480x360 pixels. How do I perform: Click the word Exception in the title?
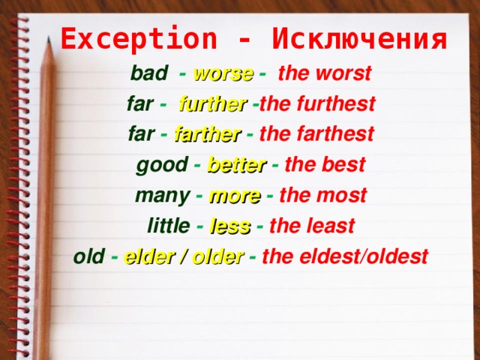tap(139, 38)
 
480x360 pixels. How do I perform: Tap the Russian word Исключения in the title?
tap(359, 39)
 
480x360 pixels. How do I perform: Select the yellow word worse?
tap(223, 74)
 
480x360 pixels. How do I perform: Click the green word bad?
tap(149, 73)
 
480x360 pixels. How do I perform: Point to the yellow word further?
tap(213, 104)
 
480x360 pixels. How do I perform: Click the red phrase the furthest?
tap(317, 103)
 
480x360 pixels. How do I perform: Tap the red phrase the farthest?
tap(316, 133)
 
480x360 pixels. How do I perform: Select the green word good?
tap(162, 165)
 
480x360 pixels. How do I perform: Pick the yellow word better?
tap(237, 165)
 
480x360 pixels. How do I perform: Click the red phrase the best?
tap(325, 164)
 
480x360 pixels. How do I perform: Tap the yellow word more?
tap(235, 196)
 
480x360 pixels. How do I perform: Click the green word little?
tap(169, 225)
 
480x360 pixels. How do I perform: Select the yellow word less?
tap(230, 226)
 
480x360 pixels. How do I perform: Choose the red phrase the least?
tap(312, 226)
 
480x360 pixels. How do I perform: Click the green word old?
tap(89, 256)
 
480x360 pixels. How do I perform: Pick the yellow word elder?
tap(149, 256)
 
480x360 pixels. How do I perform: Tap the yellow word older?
tap(218, 256)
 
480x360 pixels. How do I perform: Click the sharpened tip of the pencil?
tap(49, 37)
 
